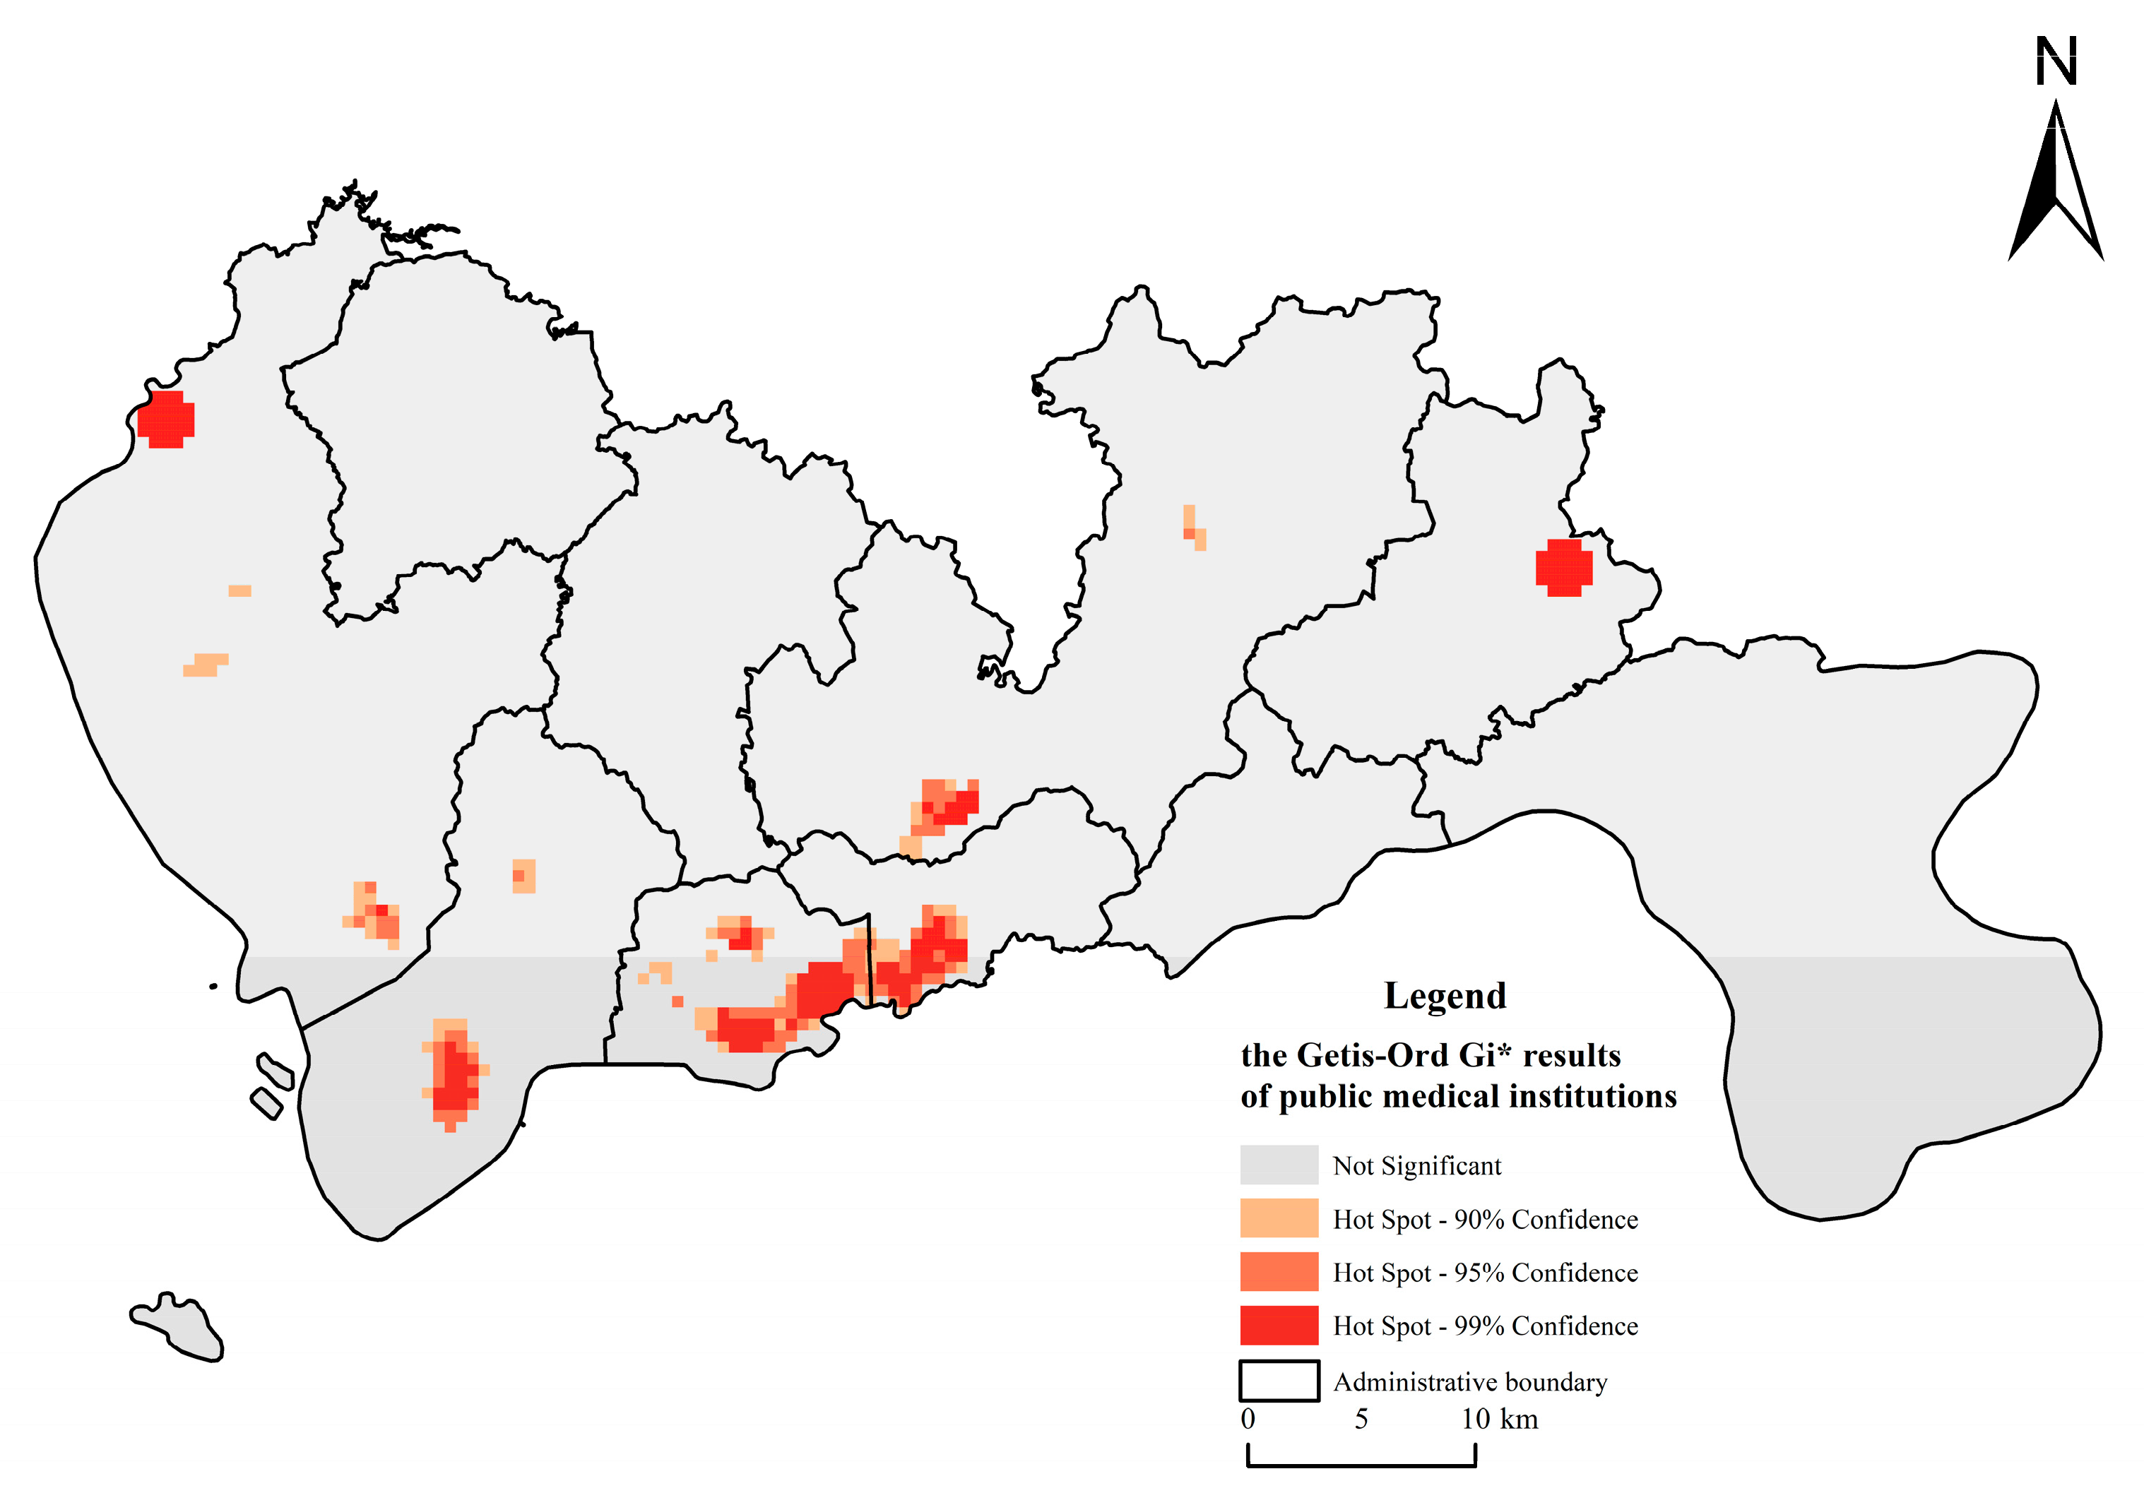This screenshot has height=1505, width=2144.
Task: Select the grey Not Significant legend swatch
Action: pos(1279,1165)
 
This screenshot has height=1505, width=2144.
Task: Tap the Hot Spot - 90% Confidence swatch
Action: pos(1279,1218)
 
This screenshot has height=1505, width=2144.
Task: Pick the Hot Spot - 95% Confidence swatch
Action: pos(1279,1272)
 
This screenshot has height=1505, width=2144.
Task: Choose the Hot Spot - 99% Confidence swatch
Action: pos(1279,1325)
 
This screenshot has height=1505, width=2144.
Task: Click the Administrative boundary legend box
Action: pos(1279,1381)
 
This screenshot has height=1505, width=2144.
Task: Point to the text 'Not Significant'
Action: pos(1416,1166)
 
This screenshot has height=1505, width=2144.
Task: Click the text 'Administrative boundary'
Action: pos(1470,1382)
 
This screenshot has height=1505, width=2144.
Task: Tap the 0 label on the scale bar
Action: pos(1248,1419)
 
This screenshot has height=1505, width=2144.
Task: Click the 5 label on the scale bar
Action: pos(1361,1419)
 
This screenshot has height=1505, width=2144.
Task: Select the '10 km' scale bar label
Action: pos(1499,1419)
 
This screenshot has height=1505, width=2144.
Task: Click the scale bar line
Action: pos(1361,1465)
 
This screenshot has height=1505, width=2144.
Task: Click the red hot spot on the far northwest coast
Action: pos(166,420)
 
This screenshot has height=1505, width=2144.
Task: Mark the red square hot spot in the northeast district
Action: pos(1563,568)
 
